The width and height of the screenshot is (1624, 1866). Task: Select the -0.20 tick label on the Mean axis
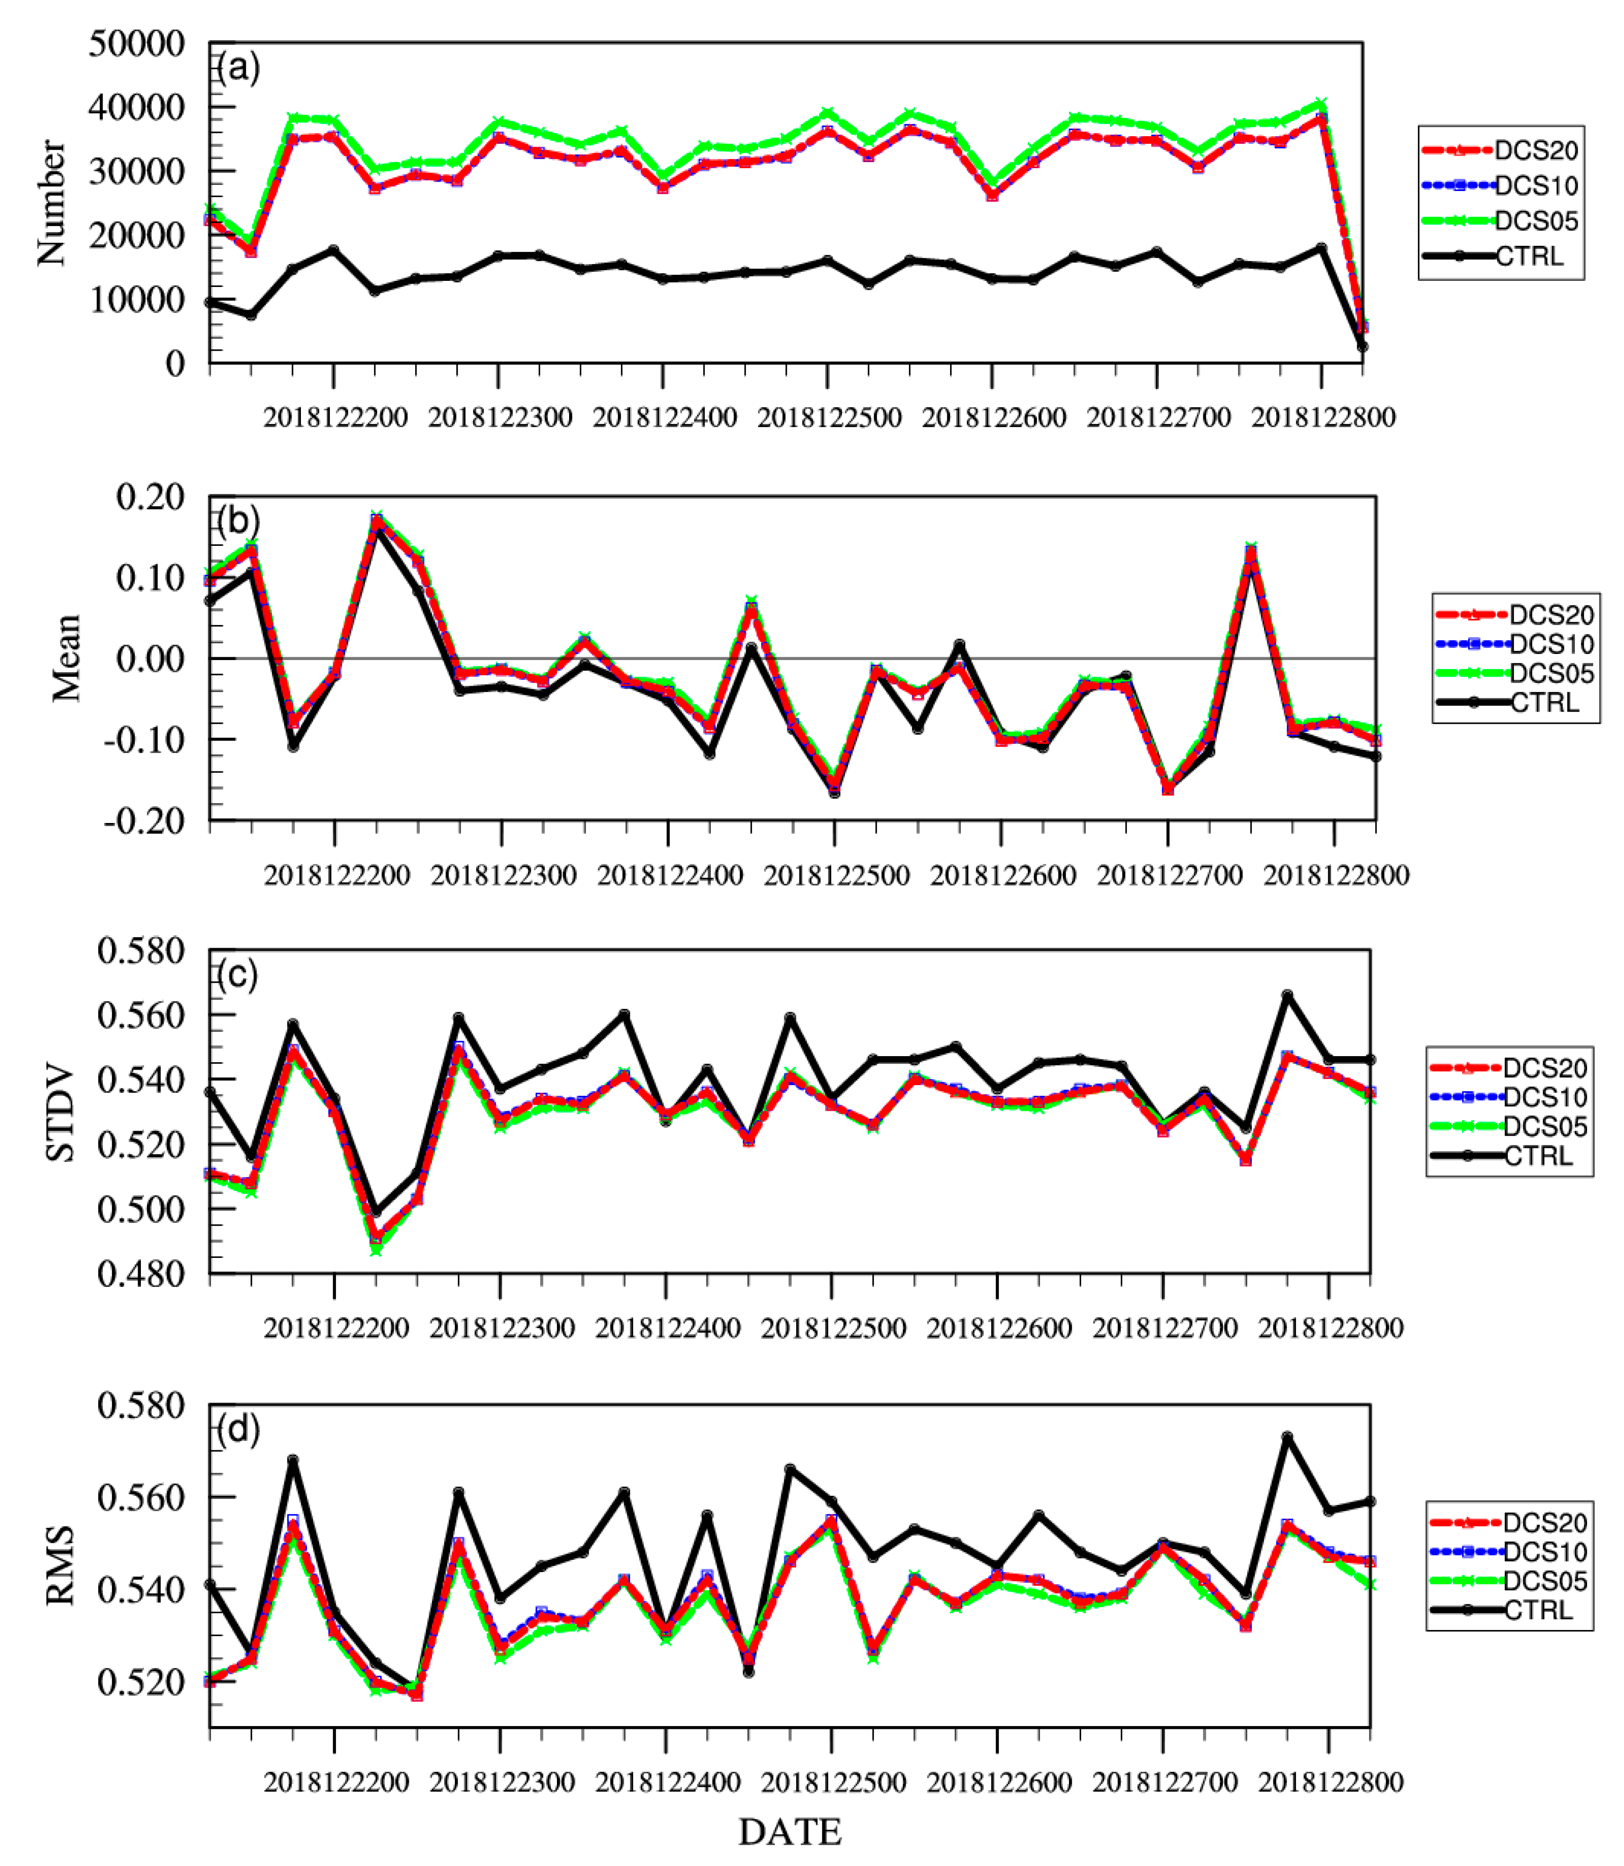point(143,821)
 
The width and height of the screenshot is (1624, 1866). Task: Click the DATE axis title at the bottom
point(790,1832)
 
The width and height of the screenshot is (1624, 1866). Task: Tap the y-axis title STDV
point(60,1115)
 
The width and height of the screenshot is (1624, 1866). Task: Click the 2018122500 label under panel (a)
point(829,418)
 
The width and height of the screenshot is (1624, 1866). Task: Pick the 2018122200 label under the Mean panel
point(336,875)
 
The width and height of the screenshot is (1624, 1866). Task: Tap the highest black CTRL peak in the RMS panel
point(1287,1437)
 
